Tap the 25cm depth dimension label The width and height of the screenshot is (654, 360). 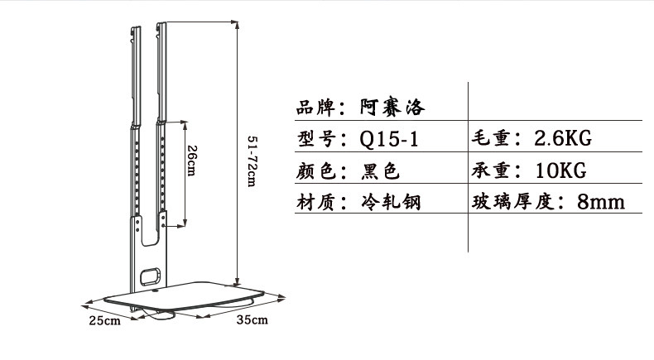coord(106,319)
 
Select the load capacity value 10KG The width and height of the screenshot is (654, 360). coord(560,170)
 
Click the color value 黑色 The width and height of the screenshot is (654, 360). coord(381,170)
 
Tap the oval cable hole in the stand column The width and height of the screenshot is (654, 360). coord(150,273)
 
